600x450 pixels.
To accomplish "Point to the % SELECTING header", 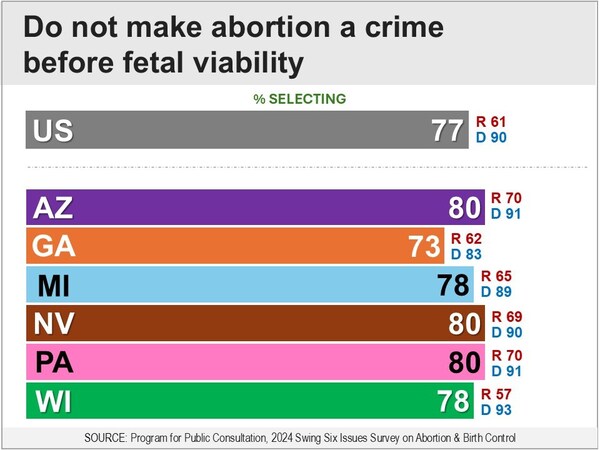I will (x=300, y=98).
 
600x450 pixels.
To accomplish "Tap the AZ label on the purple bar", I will (x=55, y=208).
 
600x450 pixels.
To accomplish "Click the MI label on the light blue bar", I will (x=55, y=286).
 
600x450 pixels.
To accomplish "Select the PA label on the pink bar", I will (x=55, y=362).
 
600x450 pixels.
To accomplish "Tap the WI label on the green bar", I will (x=55, y=402).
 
